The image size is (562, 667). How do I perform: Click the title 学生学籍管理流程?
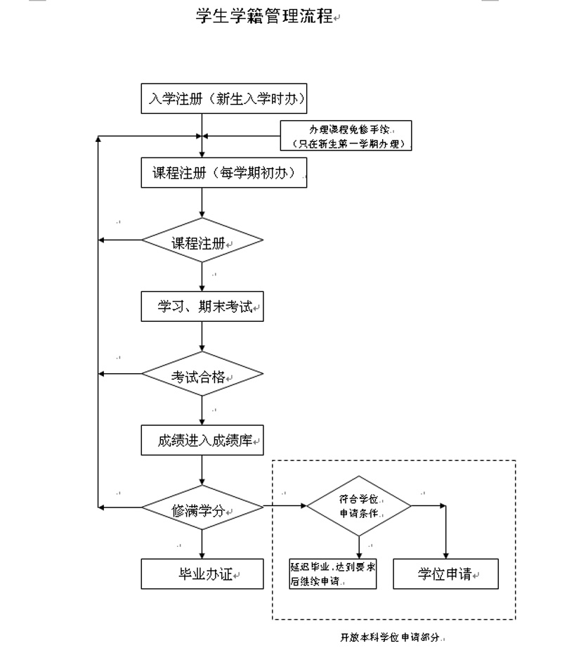click(x=265, y=16)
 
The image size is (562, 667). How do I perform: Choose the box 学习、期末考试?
click(x=202, y=307)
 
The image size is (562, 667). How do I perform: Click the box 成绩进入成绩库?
click(x=202, y=441)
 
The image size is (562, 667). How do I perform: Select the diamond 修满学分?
click(x=202, y=507)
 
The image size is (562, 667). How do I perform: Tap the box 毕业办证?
click(x=202, y=574)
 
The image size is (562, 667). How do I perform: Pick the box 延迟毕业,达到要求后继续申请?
click(x=332, y=574)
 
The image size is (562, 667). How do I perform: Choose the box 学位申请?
click(x=445, y=574)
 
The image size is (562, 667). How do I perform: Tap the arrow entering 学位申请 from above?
click(x=445, y=534)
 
